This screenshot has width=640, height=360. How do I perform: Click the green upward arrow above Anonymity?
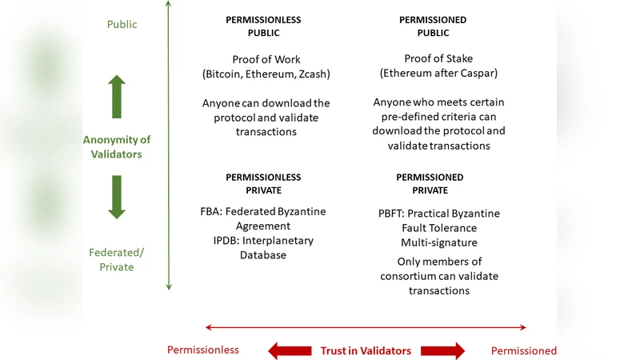pos(117,97)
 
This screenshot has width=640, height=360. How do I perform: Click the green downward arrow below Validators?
pos(117,197)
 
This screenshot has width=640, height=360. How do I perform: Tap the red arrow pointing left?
pos(290,350)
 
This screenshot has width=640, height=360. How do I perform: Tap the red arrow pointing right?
pos(443,350)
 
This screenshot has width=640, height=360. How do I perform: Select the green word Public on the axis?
pos(122,25)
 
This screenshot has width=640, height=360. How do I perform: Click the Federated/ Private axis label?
pos(117,259)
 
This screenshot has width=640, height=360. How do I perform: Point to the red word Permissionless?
pos(202,350)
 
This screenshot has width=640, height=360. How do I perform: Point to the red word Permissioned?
pos(524,350)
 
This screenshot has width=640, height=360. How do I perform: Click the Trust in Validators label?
pos(366,350)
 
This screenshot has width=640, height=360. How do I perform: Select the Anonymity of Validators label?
pos(117,146)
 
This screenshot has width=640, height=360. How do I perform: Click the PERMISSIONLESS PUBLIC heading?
pos(265,25)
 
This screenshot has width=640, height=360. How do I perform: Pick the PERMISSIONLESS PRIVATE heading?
pos(263,184)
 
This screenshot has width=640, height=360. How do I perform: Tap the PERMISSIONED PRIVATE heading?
pos(430,184)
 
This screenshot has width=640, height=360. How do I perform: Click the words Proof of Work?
pos(266,60)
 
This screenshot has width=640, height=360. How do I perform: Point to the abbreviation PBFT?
pos(391,214)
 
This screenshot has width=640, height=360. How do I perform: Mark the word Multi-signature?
pos(438,242)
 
